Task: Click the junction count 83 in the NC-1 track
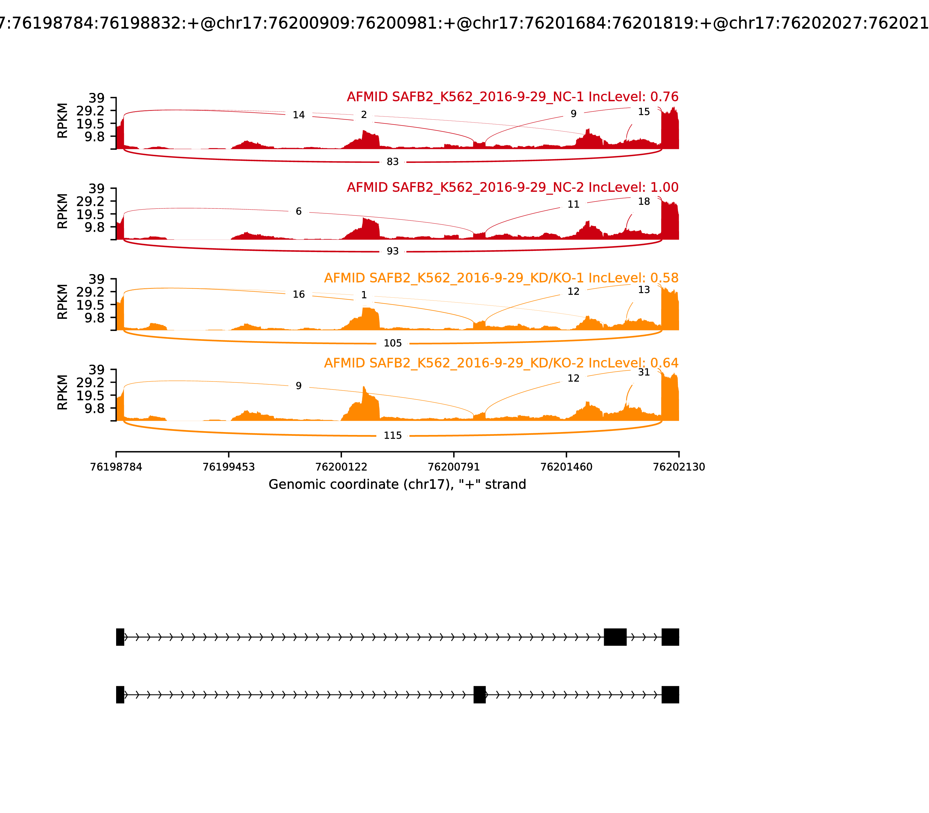tap(393, 162)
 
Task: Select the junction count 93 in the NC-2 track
tap(393, 251)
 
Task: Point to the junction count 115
tap(393, 436)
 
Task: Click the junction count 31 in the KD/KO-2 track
tap(644, 373)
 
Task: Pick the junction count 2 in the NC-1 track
tap(364, 115)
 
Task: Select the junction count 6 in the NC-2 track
tap(298, 211)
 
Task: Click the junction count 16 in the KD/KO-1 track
tap(298, 294)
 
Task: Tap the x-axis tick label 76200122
tap(341, 467)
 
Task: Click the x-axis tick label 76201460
tap(566, 467)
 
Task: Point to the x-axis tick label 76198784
tap(116, 467)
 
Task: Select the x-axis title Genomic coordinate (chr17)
tap(397, 485)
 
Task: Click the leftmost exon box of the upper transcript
tap(120, 637)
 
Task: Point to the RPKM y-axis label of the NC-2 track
tap(63, 211)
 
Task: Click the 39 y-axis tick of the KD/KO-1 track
tap(96, 279)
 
